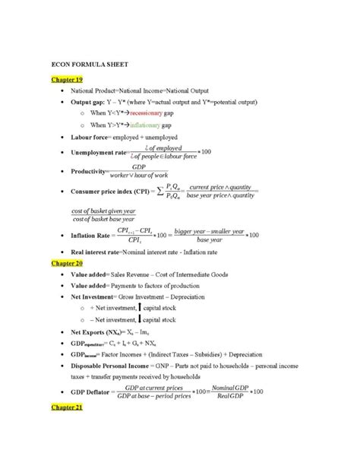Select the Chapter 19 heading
[x=67, y=78]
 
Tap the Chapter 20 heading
[x=67, y=263]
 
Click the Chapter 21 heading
[x=67, y=407]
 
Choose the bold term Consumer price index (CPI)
[x=115, y=191]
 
